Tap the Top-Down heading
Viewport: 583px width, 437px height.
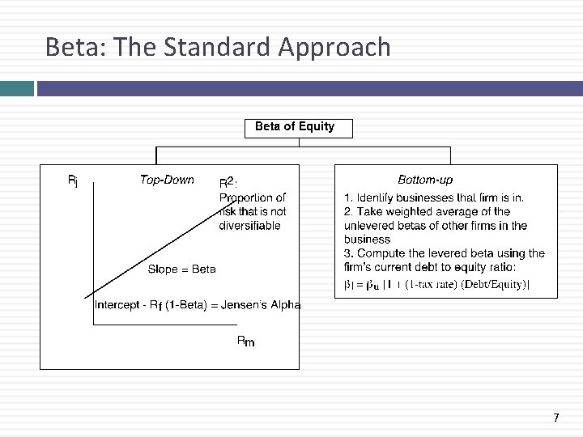[167, 180]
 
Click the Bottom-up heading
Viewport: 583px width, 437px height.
[425, 180]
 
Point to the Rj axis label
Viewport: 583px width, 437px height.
[73, 181]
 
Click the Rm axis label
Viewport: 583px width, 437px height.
[245, 342]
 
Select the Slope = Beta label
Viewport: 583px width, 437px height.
[181, 269]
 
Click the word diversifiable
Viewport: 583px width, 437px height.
[250, 226]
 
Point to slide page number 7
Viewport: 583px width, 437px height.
[555, 418]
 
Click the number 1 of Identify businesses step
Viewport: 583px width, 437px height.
[347, 197]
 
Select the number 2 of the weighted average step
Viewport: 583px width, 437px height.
[347, 211]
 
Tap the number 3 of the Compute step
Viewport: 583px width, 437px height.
[347, 253]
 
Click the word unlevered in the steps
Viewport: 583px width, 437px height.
[368, 226]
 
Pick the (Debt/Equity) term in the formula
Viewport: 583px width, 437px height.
[494, 284]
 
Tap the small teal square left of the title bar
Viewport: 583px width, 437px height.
[16, 87]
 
